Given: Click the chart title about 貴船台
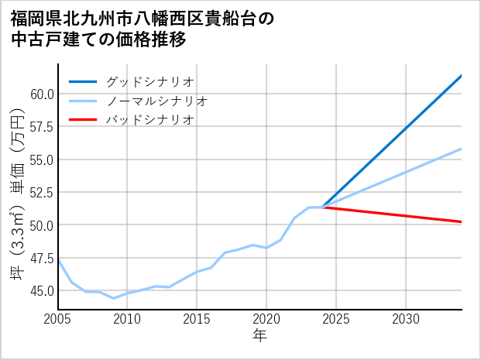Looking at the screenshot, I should pos(143,29).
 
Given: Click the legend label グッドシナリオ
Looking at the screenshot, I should pos(150,81).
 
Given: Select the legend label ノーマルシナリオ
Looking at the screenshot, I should pos(157,101).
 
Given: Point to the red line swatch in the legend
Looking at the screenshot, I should pos(84,120).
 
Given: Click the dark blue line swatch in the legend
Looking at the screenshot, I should pos(84,81).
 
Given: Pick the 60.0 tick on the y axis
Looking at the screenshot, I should pos(41,94).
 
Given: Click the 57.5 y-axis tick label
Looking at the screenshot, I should pos(41,126).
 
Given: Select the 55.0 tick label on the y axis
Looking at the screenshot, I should pos(41,159).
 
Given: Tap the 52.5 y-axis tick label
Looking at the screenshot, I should pos(41,192).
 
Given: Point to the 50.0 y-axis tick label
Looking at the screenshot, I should pos(41,225).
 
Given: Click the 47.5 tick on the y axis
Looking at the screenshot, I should pos(41,258).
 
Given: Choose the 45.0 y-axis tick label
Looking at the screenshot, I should pos(41,291).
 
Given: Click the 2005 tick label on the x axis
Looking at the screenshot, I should pos(57,319).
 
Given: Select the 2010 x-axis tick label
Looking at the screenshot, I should pos(127,319).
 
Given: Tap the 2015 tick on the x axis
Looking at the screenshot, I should pos(197,319).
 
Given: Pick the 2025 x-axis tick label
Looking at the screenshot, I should pos(336,319).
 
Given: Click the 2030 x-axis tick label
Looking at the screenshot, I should pos(406,319).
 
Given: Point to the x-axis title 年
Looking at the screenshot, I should pos(259,336).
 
